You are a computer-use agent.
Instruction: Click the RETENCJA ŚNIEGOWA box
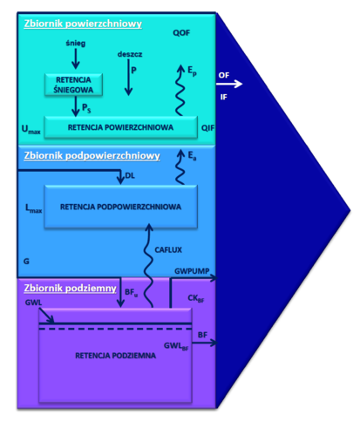click(73, 85)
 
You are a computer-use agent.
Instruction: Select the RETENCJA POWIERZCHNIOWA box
click(121, 127)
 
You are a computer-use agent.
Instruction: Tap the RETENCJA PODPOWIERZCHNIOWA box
click(121, 207)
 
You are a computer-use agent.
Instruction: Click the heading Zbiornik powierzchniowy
click(83, 24)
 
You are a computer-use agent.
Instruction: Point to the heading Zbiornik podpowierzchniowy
click(92, 156)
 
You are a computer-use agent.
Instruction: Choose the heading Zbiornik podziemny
click(70, 288)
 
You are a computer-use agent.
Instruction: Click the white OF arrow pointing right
click(229, 84)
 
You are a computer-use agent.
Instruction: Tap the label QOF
click(181, 33)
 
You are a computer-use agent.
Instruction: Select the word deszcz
click(130, 54)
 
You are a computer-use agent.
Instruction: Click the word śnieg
click(76, 44)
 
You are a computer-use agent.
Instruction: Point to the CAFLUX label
click(168, 250)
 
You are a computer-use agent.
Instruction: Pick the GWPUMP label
click(192, 271)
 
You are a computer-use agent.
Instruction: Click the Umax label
click(31, 129)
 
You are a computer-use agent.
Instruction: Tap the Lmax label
click(33, 208)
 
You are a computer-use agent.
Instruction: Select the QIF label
click(207, 128)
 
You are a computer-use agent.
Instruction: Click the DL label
click(130, 176)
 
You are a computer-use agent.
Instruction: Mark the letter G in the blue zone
click(26, 262)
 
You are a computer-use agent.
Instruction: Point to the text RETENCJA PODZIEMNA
click(115, 356)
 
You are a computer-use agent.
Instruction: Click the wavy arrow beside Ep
click(180, 90)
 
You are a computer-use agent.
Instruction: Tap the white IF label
click(224, 97)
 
